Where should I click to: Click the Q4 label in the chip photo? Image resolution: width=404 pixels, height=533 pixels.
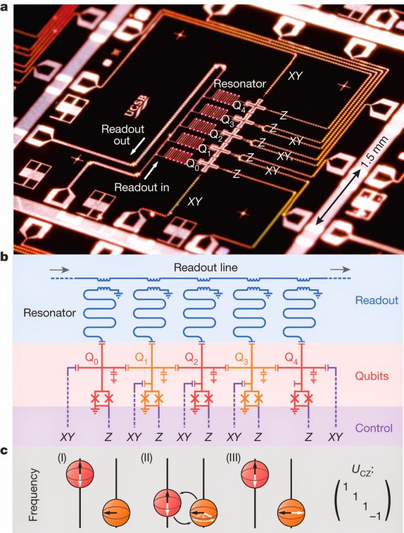coord(241,108)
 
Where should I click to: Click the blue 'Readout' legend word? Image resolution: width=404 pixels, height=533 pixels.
coord(376,300)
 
